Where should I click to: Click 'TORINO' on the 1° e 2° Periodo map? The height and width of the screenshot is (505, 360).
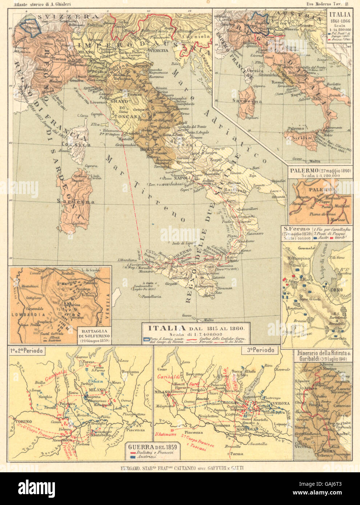tap(23, 422)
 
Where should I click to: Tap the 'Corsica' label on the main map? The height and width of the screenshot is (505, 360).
tap(81, 144)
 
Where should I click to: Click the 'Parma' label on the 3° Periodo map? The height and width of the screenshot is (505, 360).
tap(237, 453)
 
